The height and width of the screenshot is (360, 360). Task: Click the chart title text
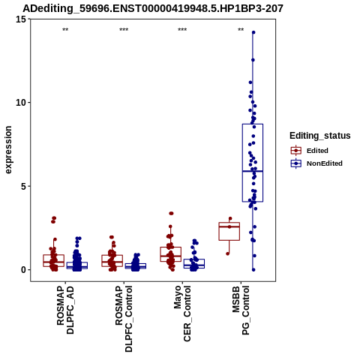(153, 9)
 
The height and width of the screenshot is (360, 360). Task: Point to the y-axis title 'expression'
(8, 150)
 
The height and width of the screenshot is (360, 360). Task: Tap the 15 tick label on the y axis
(21, 19)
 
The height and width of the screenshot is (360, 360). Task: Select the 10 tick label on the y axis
(21, 103)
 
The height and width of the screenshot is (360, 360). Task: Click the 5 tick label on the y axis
(24, 186)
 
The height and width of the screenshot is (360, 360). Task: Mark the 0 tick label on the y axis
(24, 270)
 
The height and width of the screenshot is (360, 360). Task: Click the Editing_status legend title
(320, 136)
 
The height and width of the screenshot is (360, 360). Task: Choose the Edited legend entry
(310, 151)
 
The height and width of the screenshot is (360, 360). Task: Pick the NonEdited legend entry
(316, 163)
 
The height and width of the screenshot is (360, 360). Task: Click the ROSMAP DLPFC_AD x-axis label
(65, 310)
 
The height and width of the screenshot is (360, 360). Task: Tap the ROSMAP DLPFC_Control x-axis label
(124, 319)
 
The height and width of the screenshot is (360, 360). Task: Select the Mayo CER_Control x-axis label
(182, 313)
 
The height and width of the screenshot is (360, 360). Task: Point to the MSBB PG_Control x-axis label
(241, 310)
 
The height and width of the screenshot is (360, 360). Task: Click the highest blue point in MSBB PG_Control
(253, 32)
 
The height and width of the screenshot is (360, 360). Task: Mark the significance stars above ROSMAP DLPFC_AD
(65, 30)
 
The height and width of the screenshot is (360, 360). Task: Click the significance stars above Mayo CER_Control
(182, 30)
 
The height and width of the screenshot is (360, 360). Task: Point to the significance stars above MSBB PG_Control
(241, 30)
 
